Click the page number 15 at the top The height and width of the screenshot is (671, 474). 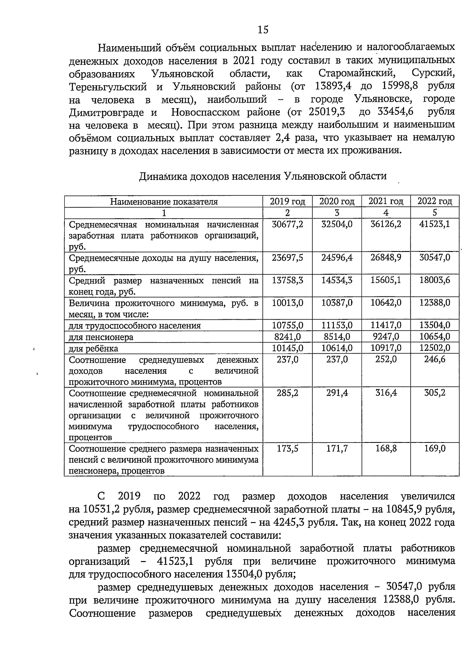click(263, 30)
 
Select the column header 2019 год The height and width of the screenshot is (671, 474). click(288, 201)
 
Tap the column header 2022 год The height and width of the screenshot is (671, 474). click(435, 201)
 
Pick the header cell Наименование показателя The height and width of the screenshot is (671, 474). click(164, 202)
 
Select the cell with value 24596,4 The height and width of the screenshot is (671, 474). click(337, 258)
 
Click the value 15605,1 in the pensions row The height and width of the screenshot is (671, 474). click(386, 280)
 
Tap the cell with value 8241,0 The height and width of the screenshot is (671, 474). click(288, 337)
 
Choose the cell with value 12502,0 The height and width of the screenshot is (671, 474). click(434, 348)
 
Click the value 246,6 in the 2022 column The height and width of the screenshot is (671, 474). click(434, 360)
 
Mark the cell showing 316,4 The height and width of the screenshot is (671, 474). click(386, 393)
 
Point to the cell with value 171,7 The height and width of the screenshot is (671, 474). click(337, 449)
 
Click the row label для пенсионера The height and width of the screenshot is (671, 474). click(101, 337)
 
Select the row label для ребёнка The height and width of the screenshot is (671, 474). click(93, 349)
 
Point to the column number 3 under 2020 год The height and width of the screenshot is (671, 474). click(337, 213)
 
